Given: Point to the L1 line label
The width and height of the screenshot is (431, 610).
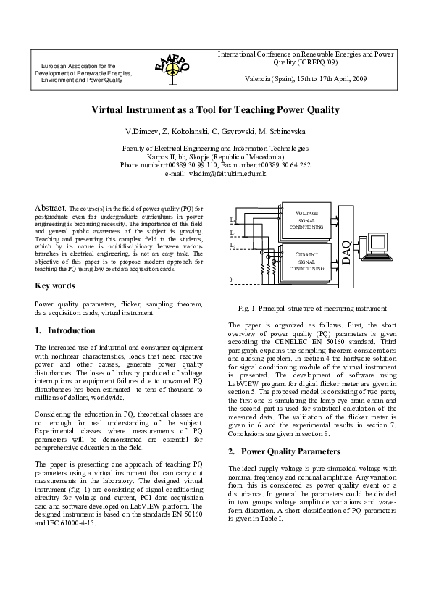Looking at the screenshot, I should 232,219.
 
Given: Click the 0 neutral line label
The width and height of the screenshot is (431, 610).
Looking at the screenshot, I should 231,280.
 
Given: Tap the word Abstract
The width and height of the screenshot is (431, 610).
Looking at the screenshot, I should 51,209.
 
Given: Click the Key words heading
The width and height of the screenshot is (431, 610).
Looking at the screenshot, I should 55,285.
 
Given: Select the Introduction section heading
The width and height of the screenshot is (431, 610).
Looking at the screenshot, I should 65,330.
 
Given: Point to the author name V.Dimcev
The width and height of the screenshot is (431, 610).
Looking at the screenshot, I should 142,133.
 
